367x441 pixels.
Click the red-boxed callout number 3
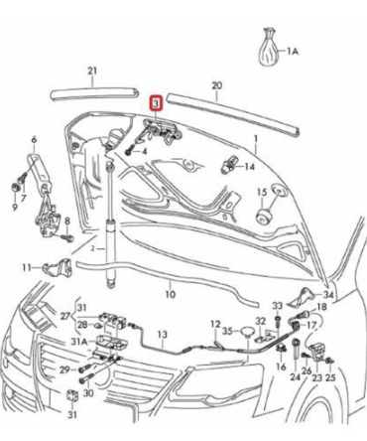pyautogui.click(x=154, y=102)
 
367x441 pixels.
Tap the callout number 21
pyautogui.click(x=92, y=71)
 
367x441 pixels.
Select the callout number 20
pyautogui.click(x=217, y=86)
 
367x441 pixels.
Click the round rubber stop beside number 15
pyautogui.click(x=266, y=214)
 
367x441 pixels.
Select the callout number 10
pyautogui.click(x=170, y=294)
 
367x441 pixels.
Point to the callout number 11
pyautogui.click(x=30, y=266)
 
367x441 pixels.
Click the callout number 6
pyautogui.click(x=33, y=139)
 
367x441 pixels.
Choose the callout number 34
pyautogui.click(x=328, y=295)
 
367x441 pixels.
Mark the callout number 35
pyautogui.click(x=226, y=331)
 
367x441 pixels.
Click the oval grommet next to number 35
pyautogui.click(x=242, y=332)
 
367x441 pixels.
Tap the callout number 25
pyautogui.click(x=330, y=377)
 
